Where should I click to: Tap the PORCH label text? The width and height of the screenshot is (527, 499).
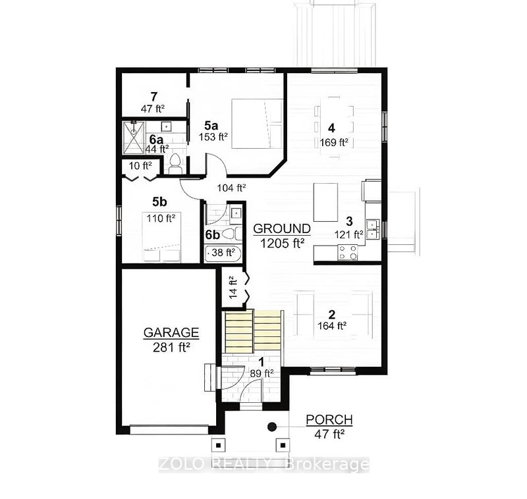329,420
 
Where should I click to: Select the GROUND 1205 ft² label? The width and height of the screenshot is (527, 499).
282,228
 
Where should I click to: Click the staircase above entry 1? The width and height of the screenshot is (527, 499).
253,332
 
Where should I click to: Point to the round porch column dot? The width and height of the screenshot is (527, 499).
271,427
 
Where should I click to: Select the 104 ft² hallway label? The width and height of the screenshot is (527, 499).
230,187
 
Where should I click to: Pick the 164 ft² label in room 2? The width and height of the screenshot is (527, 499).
331,325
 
